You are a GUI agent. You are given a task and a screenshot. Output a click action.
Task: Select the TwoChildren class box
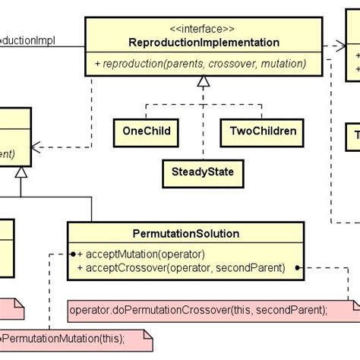[262, 132]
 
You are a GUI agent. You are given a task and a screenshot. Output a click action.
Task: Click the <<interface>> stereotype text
[204, 28]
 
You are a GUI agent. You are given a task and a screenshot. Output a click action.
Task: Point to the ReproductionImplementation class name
[204, 43]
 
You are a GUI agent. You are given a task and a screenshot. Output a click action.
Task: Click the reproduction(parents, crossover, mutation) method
[201, 64]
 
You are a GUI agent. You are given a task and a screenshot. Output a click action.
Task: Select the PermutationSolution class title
[185, 233]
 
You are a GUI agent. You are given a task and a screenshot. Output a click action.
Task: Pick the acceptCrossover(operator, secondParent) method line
[181, 267]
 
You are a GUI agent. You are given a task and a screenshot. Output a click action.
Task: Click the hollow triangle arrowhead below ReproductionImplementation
[203, 83]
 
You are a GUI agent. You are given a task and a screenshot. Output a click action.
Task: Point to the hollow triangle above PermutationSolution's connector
[21, 172]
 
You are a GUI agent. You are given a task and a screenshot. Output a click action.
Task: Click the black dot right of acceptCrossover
[298, 267]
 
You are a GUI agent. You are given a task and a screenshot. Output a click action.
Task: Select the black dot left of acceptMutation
[71, 254]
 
